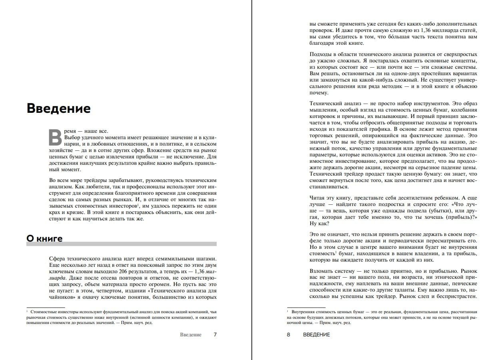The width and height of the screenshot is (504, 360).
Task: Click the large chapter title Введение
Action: click(x=58, y=108)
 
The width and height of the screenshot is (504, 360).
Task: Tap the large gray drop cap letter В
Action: click(x=55, y=137)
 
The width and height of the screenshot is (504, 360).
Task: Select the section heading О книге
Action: click(x=44, y=239)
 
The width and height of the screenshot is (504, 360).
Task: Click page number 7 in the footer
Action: click(x=215, y=334)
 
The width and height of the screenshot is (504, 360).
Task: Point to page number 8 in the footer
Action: click(x=289, y=334)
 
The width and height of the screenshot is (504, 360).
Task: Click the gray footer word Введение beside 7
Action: click(x=191, y=334)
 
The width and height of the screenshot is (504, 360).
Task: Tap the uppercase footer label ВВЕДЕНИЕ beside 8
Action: click(x=317, y=334)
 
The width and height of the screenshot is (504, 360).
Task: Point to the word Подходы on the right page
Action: click(x=321, y=54)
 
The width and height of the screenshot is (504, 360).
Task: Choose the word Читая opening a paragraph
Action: click(x=317, y=198)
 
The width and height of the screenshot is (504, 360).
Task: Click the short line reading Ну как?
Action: click(x=319, y=224)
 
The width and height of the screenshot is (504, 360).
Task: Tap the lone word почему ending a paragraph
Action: click(x=319, y=93)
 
